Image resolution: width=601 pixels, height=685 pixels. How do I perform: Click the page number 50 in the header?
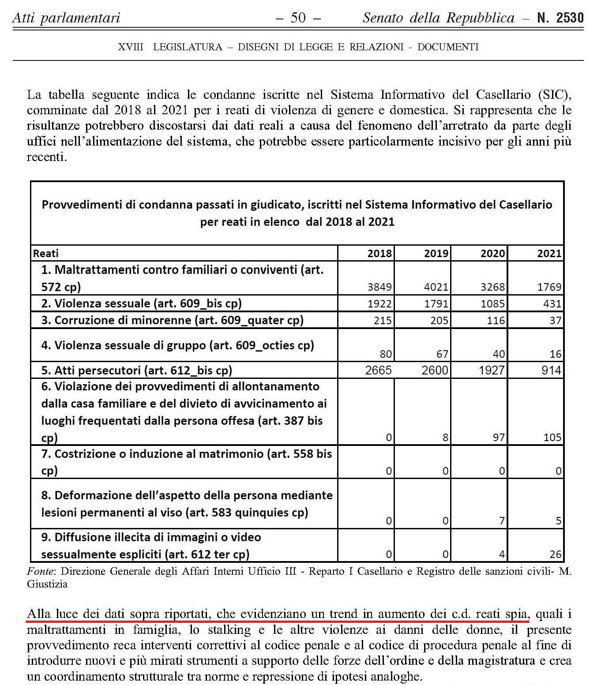click(298, 18)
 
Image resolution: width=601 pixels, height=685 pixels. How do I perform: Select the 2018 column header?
click(379, 254)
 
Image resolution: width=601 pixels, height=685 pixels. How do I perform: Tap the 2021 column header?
click(549, 254)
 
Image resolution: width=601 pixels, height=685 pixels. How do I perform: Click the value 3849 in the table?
click(379, 287)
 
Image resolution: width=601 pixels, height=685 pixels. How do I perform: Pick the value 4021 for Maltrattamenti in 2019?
click(436, 287)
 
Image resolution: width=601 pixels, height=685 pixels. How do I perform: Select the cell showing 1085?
click(492, 304)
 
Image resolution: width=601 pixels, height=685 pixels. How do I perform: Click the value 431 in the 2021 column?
click(552, 304)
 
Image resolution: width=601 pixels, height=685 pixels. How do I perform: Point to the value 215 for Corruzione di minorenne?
click(383, 321)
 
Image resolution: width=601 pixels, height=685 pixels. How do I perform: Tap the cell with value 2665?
click(379, 371)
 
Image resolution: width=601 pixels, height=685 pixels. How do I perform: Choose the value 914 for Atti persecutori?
click(551, 371)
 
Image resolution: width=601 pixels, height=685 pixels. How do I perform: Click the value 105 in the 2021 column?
click(552, 438)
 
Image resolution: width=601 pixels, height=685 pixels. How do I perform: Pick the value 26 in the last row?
click(556, 554)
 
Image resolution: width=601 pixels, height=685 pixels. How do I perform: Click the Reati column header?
click(46, 254)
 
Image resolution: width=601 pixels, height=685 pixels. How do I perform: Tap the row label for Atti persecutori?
click(136, 371)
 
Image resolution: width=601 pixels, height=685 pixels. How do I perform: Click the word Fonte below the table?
click(40, 572)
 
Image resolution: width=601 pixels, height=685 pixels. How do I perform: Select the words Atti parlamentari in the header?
click(66, 18)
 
